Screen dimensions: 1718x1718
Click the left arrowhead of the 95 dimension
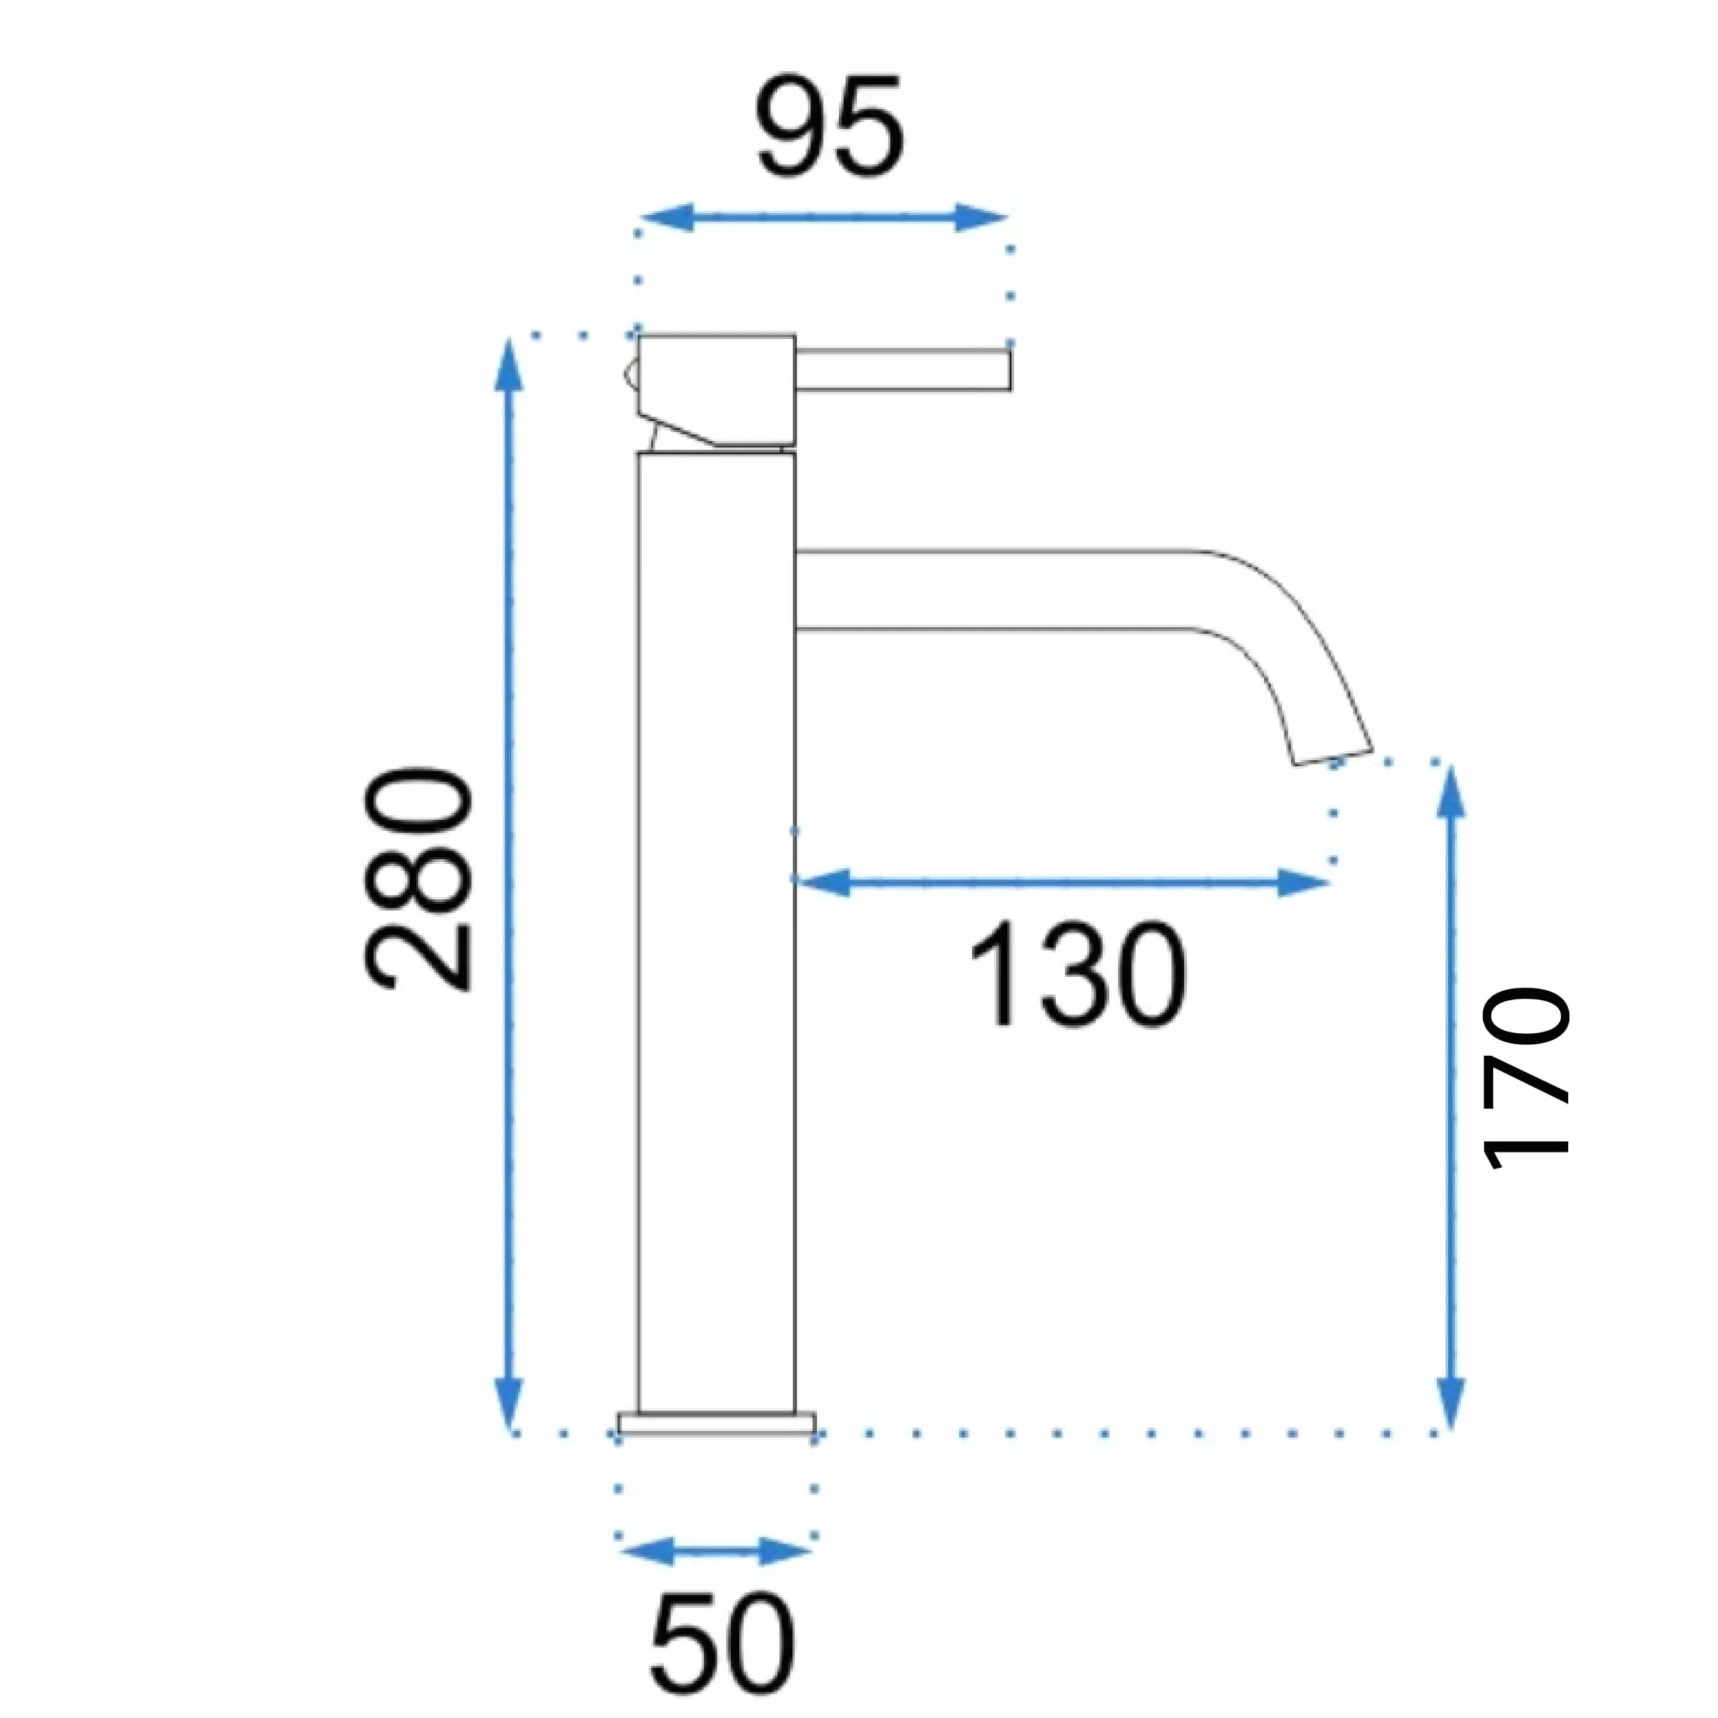(666, 217)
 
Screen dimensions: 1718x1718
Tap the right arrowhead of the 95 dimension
(981, 217)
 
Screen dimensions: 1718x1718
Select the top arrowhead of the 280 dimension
(509, 365)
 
